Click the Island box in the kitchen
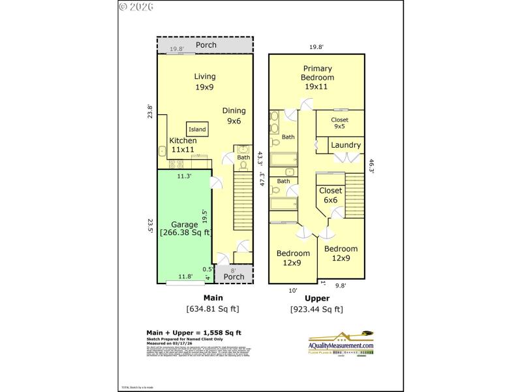[197, 129]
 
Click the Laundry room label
[345, 145]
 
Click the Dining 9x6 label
[233, 116]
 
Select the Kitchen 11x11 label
[183, 145]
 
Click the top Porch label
[206, 45]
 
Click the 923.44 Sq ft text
[316, 309]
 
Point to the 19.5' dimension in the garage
[205, 216]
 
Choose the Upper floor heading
[316, 298]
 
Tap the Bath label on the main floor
[243, 157]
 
